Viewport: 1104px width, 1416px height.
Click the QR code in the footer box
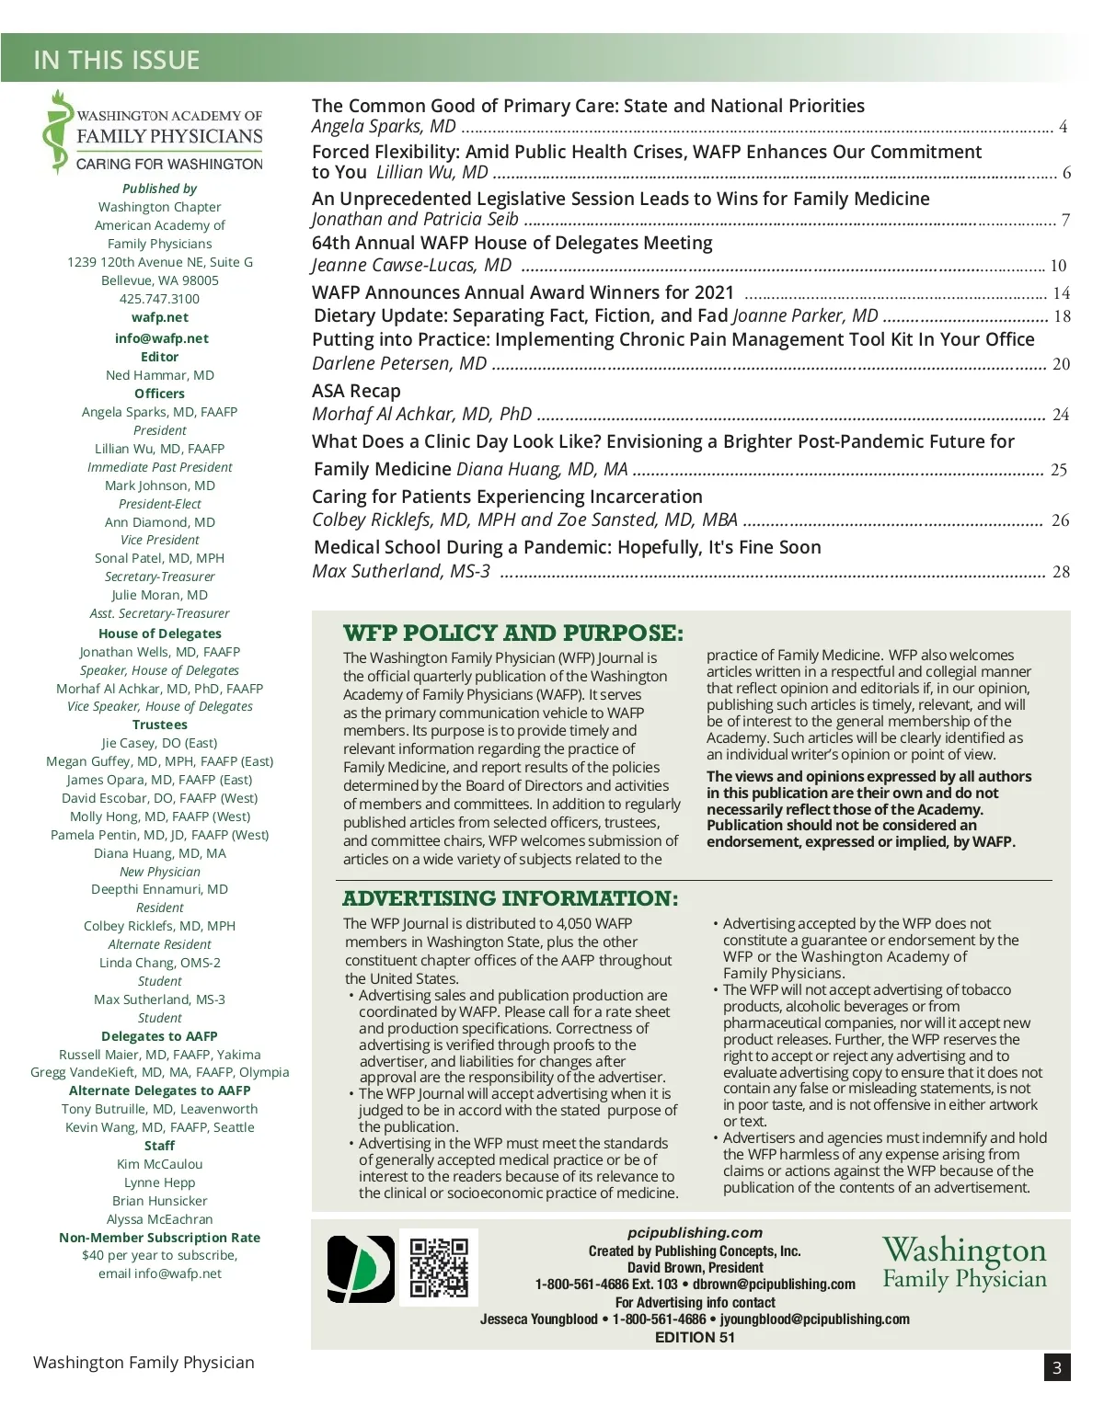pos(439,1267)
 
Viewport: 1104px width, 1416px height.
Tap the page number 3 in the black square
pos(1057,1367)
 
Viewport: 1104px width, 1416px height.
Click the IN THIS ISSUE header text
pos(117,60)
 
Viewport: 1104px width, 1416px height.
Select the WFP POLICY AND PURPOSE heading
pos(513,634)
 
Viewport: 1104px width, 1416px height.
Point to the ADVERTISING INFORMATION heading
pos(511,898)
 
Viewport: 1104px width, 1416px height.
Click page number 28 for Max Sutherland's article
pos(1061,572)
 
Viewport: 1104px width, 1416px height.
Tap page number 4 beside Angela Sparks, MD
pos(1063,127)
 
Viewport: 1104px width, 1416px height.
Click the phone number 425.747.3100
pos(159,299)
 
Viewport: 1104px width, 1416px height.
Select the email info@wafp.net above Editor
pos(161,338)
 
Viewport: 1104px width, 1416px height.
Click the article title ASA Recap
pos(356,391)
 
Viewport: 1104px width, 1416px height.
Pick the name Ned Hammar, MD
pos(160,375)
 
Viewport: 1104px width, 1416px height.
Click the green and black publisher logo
pos(361,1269)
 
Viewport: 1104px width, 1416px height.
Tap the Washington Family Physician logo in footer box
pos(964,1263)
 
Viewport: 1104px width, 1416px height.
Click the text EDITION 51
pos(695,1338)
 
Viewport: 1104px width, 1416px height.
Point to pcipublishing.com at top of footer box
pos(695,1233)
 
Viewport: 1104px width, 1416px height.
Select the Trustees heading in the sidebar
pos(160,725)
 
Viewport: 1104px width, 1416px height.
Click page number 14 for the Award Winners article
pos(1061,293)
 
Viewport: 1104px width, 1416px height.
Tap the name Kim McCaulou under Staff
pos(160,1164)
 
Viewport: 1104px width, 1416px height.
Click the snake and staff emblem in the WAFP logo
pos(58,133)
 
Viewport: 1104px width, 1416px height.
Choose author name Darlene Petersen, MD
pos(399,363)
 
